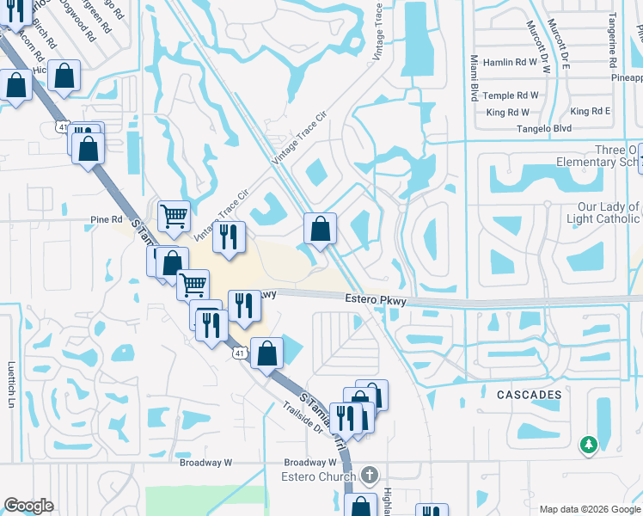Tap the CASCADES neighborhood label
529,395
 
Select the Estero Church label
318,476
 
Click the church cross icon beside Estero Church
369,475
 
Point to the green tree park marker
589,445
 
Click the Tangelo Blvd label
544,128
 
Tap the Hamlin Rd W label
511,62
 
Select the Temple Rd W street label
512,95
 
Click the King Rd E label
590,112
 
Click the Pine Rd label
107,219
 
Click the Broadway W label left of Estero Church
206,462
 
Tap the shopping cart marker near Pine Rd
174,216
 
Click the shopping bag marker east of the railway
320,229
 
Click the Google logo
28,506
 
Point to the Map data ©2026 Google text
590,509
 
